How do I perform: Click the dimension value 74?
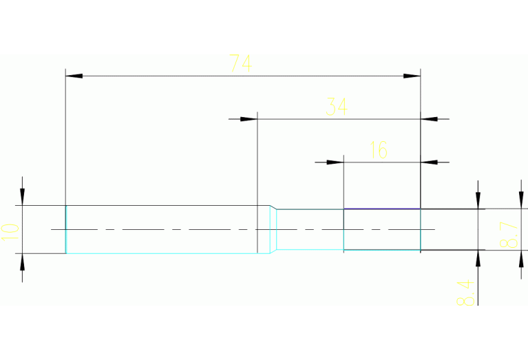click(x=240, y=64)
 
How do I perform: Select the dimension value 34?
click(x=337, y=107)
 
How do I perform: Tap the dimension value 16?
click(x=379, y=150)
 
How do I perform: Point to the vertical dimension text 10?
click(x=10, y=229)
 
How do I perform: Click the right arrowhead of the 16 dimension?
click(x=429, y=162)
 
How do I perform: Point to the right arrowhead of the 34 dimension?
click(x=429, y=119)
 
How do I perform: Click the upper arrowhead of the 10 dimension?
click(x=22, y=197)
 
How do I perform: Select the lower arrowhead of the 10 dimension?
click(x=22, y=262)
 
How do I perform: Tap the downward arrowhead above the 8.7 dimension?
click(x=478, y=200)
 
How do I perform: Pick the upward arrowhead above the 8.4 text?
click(x=478, y=258)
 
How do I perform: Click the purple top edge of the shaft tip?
click(x=381, y=209)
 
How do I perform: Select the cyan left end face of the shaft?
click(x=66, y=229)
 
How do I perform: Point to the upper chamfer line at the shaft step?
click(x=273, y=207)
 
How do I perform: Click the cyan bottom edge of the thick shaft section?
click(x=162, y=253)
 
